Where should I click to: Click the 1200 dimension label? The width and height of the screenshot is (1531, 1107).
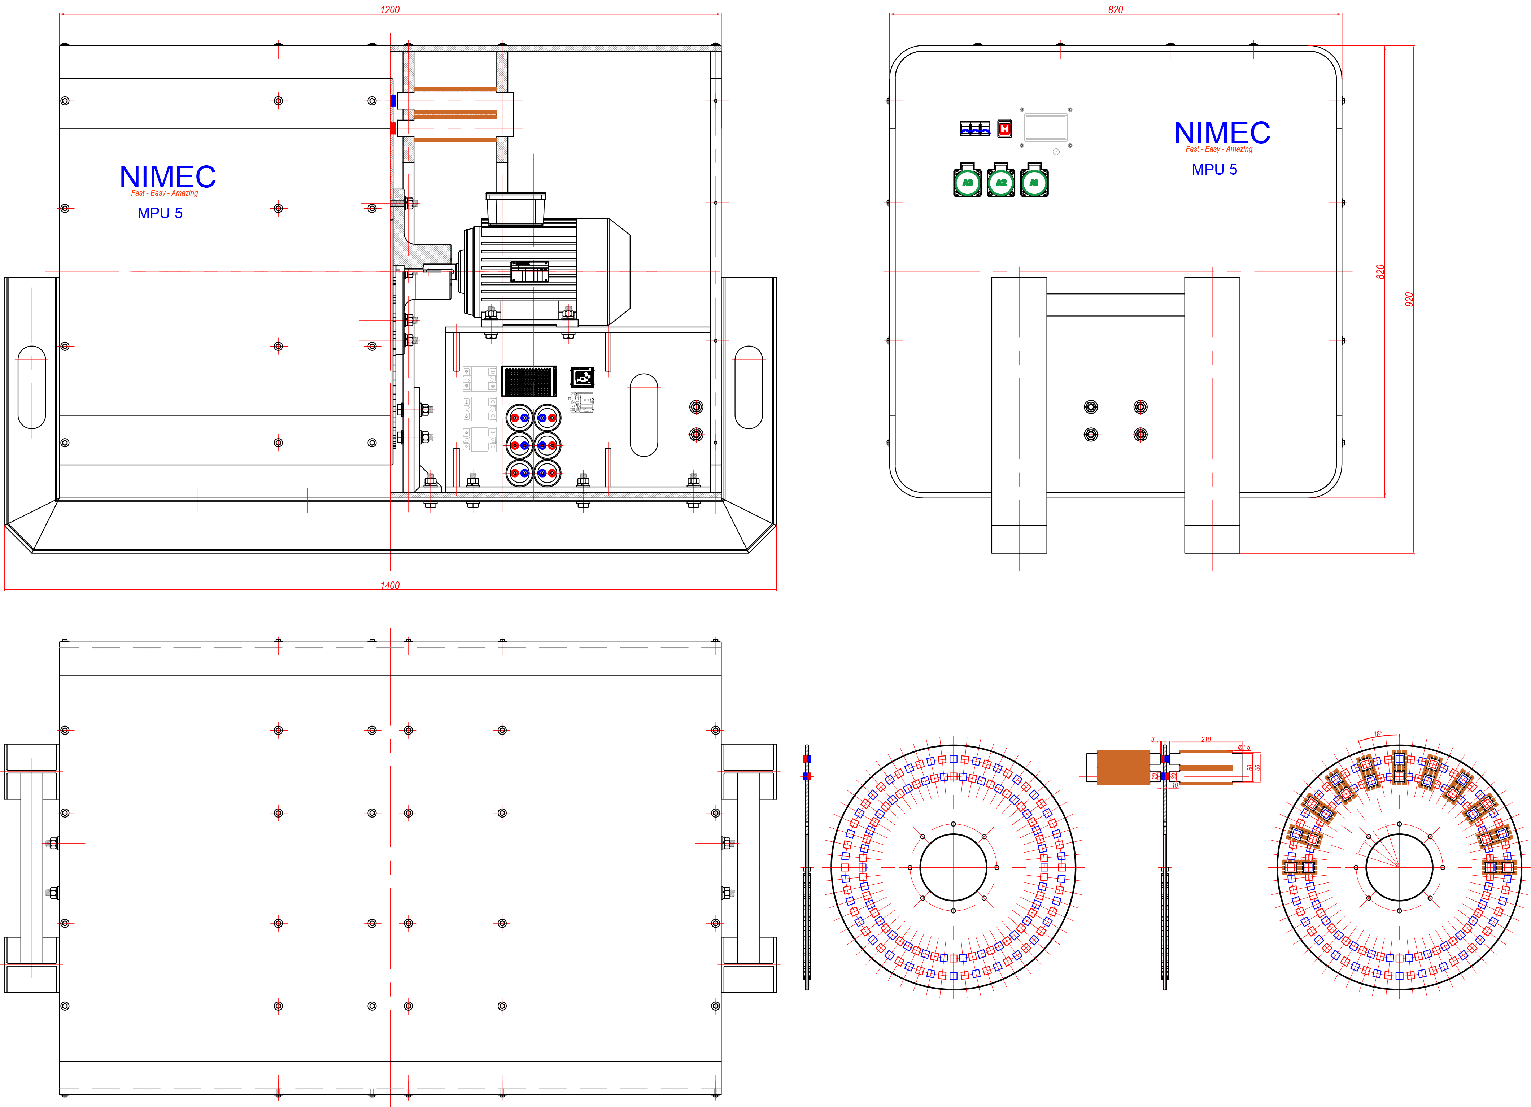(x=390, y=9)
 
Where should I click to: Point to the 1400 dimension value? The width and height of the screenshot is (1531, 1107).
(x=390, y=585)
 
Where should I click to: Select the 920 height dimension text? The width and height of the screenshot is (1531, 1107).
(x=1409, y=299)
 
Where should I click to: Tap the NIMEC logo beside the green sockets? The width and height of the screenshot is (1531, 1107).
(x=1222, y=133)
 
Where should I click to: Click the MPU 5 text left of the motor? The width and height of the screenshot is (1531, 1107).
(x=160, y=213)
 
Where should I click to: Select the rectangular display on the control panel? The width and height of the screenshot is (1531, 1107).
(x=1046, y=127)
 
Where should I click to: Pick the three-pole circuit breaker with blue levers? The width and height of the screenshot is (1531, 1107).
(x=975, y=128)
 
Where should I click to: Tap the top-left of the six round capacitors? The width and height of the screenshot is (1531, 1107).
(x=519, y=418)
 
